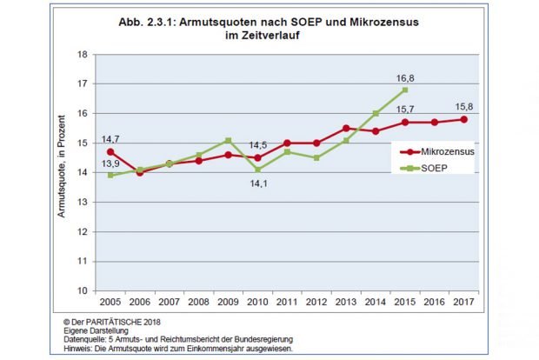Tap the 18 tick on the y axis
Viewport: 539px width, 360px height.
click(83, 55)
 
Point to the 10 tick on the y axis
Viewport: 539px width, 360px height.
click(83, 290)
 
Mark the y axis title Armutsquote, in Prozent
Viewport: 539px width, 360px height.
click(63, 172)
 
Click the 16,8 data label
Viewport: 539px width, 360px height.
click(405, 77)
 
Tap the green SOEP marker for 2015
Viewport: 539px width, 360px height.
click(405, 90)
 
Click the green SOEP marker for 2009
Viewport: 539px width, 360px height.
click(228, 140)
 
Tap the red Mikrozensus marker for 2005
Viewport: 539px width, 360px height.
click(110, 151)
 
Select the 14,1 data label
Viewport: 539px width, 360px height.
click(259, 183)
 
